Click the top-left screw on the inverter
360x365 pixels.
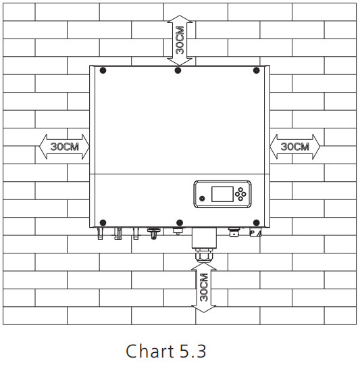point(103,70)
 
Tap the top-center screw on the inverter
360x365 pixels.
point(178,70)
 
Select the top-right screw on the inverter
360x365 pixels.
point(256,70)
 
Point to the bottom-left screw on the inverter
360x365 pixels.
point(103,223)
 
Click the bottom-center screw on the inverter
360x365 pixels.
point(180,223)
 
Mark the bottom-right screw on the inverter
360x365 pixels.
point(256,223)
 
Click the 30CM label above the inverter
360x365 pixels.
point(180,41)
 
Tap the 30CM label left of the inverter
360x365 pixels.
point(65,147)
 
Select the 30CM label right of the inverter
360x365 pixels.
point(295,147)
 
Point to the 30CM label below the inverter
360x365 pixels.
point(204,287)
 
